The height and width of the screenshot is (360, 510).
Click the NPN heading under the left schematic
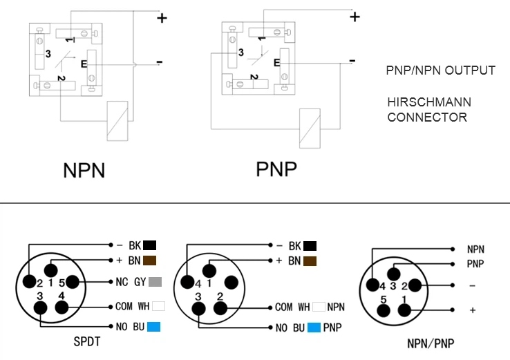pyautogui.click(x=84, y=170)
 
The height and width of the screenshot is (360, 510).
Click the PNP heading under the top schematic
pyautogui.click(x=276, y=169)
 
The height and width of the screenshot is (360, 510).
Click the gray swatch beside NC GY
pyautogui.click(x=154, y=282)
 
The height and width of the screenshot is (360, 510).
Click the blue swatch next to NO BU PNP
pyautogui.click(x=315, y=327)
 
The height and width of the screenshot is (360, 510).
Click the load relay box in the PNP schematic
pyautogui.click(x=309, y=129)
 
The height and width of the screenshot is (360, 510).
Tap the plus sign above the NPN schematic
pyautogui.click(x=162, y=18)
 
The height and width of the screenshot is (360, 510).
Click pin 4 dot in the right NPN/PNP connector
pyautogui.click(x=374, y=285)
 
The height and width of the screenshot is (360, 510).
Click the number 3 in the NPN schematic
pyautogui.click(x=48, y=53)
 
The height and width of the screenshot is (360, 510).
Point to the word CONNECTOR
pyautogui.click(x=426, y=117)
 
